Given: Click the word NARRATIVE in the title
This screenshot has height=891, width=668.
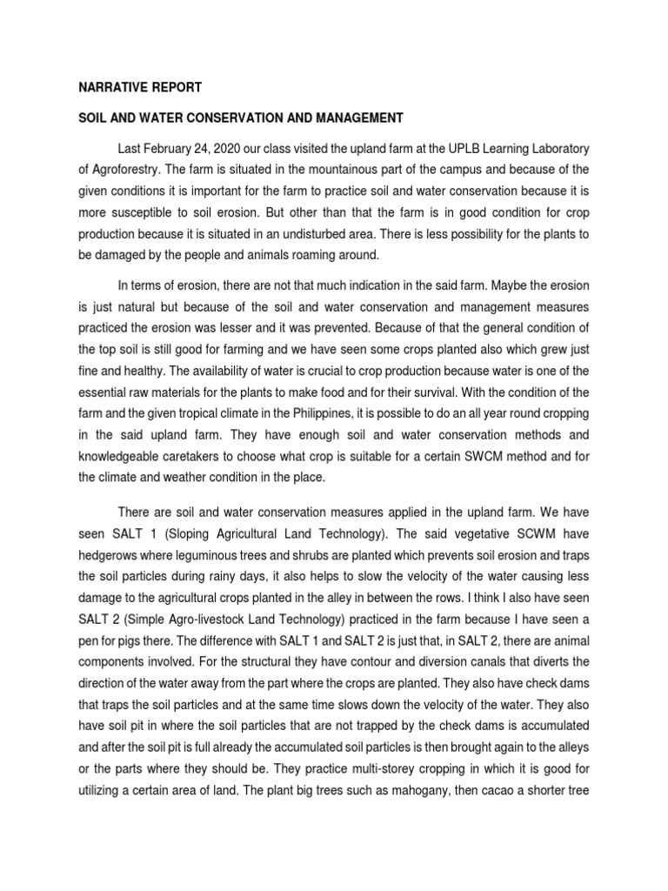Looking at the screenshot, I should pos(104,87).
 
